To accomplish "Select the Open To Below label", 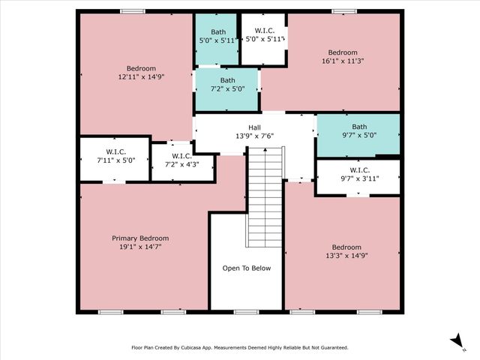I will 247,268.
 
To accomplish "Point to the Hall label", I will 255,127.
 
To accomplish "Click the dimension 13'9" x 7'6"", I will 255,136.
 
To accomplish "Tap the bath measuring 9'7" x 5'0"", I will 359,131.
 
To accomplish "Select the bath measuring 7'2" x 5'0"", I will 227,85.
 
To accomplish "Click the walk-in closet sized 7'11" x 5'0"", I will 115,155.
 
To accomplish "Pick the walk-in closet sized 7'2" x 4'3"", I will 183,160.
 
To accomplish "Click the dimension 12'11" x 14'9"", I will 136,77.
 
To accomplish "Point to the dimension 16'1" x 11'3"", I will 342,62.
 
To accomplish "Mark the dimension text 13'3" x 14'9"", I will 346,256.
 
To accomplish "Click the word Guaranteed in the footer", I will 330,348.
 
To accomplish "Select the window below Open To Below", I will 246,311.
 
